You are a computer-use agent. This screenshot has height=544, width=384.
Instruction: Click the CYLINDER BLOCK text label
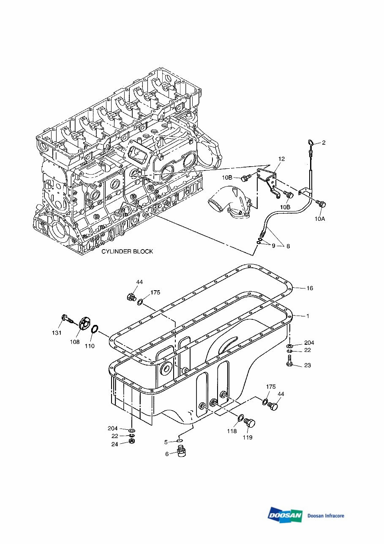127,251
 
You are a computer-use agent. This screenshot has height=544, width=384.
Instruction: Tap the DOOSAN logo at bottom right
285,515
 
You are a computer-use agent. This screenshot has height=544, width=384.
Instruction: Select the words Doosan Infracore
326,516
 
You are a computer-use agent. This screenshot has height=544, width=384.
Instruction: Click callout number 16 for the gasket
310,288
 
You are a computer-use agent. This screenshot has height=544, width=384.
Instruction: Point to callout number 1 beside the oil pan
308,316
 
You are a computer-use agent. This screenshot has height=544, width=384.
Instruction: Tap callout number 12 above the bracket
281,159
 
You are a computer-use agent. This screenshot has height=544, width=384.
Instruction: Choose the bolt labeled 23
289,362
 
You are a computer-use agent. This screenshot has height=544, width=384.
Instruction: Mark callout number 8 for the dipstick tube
288,246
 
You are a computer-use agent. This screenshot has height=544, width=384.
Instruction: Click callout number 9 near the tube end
273,246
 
